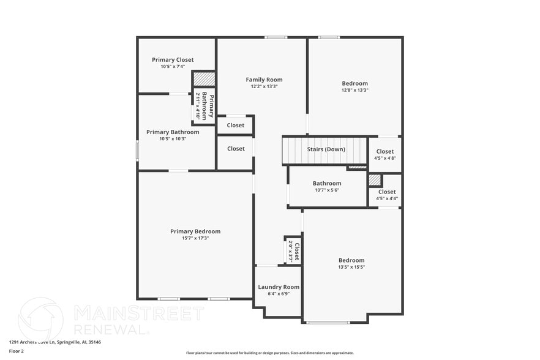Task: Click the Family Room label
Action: (264, 80)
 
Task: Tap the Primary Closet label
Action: (173, 59)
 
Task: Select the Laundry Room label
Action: (279, 287)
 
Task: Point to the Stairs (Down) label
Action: (326, 149)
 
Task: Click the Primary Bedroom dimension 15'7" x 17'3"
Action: (195, 238)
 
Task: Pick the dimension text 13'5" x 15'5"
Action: (351, 267)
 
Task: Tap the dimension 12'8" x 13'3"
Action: (354, 90)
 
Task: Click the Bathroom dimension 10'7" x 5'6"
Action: (327, 190)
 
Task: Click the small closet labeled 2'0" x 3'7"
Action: (293, 251)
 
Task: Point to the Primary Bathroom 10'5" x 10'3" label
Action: (173, 132)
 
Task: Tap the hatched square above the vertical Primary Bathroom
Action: (204, 79)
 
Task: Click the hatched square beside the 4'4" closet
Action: (375, 180)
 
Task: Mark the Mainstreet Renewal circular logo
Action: (40, 320)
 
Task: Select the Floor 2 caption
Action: (17, 351)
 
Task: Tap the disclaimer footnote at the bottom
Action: (269, 353)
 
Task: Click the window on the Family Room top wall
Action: (276, 38)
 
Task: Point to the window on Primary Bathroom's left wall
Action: (137, 151)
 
